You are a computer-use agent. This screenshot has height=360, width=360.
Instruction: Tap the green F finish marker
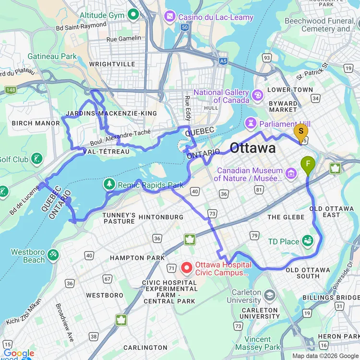[x=308, y=165]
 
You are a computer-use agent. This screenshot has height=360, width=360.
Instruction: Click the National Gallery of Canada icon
[x=258, y=95]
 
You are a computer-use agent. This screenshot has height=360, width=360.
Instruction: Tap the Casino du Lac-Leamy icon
[x=170, y=17]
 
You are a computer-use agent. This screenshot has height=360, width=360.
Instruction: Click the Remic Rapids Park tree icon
[x=110, y=184]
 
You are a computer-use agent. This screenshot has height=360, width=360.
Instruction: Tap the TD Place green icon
[x=307, y=241]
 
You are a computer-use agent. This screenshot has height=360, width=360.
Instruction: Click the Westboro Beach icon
[x=53, y=254]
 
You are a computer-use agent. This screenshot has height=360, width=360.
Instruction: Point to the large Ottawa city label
[x=253, y=148]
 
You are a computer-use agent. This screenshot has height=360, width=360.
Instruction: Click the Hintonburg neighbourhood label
[x=161, y=217]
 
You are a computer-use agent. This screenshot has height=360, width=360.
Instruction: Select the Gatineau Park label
[x=52, y=56]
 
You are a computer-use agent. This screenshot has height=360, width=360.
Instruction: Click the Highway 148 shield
[x=11, y=90]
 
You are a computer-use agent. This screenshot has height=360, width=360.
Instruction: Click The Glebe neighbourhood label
[x=287, y=217]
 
